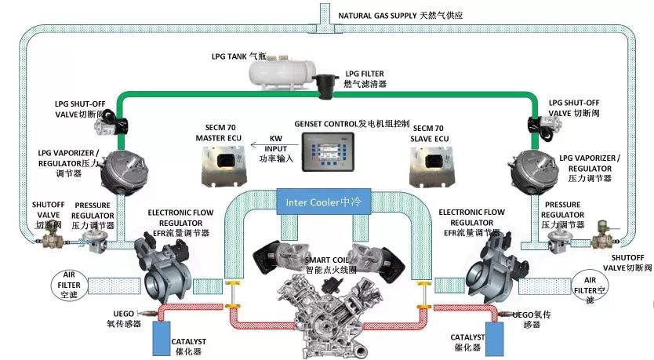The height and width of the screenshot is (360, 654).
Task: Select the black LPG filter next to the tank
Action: pyautogui.click(x=324, y=83)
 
